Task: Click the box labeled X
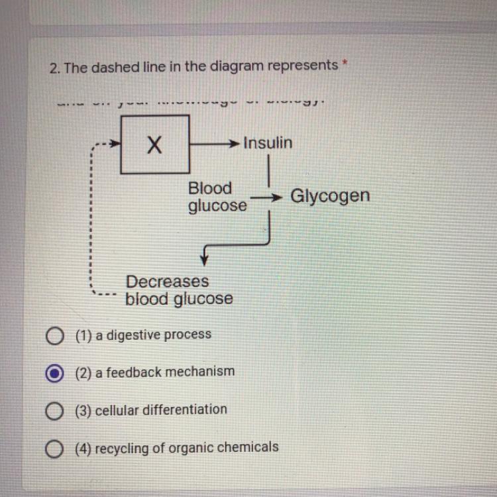pos(155,144)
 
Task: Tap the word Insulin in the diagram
pos(268,142)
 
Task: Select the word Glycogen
pos(330,196)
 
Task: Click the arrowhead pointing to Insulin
pos(234,143)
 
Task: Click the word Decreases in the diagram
pos(167,282)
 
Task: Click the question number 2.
pos(54,67)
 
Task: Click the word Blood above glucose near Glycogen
pos(210,188)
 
